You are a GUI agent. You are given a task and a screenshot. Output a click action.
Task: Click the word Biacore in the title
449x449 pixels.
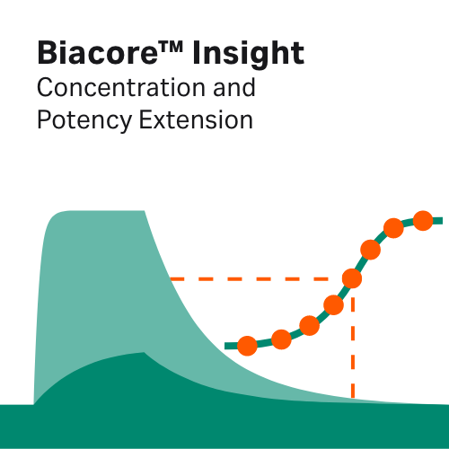[92, 54]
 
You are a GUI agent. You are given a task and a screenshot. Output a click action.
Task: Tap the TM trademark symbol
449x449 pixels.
[171, 46]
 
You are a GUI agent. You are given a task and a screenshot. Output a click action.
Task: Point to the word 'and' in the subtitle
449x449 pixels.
[230, 89]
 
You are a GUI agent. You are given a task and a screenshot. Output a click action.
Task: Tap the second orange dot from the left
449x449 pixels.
[281, 339]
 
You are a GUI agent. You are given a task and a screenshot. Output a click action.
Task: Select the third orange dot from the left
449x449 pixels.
[310, 325]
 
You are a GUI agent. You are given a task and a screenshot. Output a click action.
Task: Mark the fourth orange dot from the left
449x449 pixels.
[333, 304]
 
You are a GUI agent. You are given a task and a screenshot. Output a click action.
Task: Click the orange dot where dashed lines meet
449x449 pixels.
[352, 278]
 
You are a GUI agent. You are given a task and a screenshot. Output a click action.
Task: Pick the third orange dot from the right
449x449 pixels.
[369, 249]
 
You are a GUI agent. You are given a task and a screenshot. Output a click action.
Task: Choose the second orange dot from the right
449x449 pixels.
[392, 228]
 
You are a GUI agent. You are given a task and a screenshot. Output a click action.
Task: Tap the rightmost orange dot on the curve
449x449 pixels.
[423, 220]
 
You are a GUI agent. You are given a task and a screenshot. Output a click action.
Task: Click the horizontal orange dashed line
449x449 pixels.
[251, 278]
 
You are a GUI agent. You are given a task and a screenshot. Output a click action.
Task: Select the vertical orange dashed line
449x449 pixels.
[352, 350]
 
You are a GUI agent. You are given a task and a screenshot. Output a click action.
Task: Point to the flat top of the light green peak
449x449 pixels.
[99, 212]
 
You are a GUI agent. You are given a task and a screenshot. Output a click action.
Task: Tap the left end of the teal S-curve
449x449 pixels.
[228, 346]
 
